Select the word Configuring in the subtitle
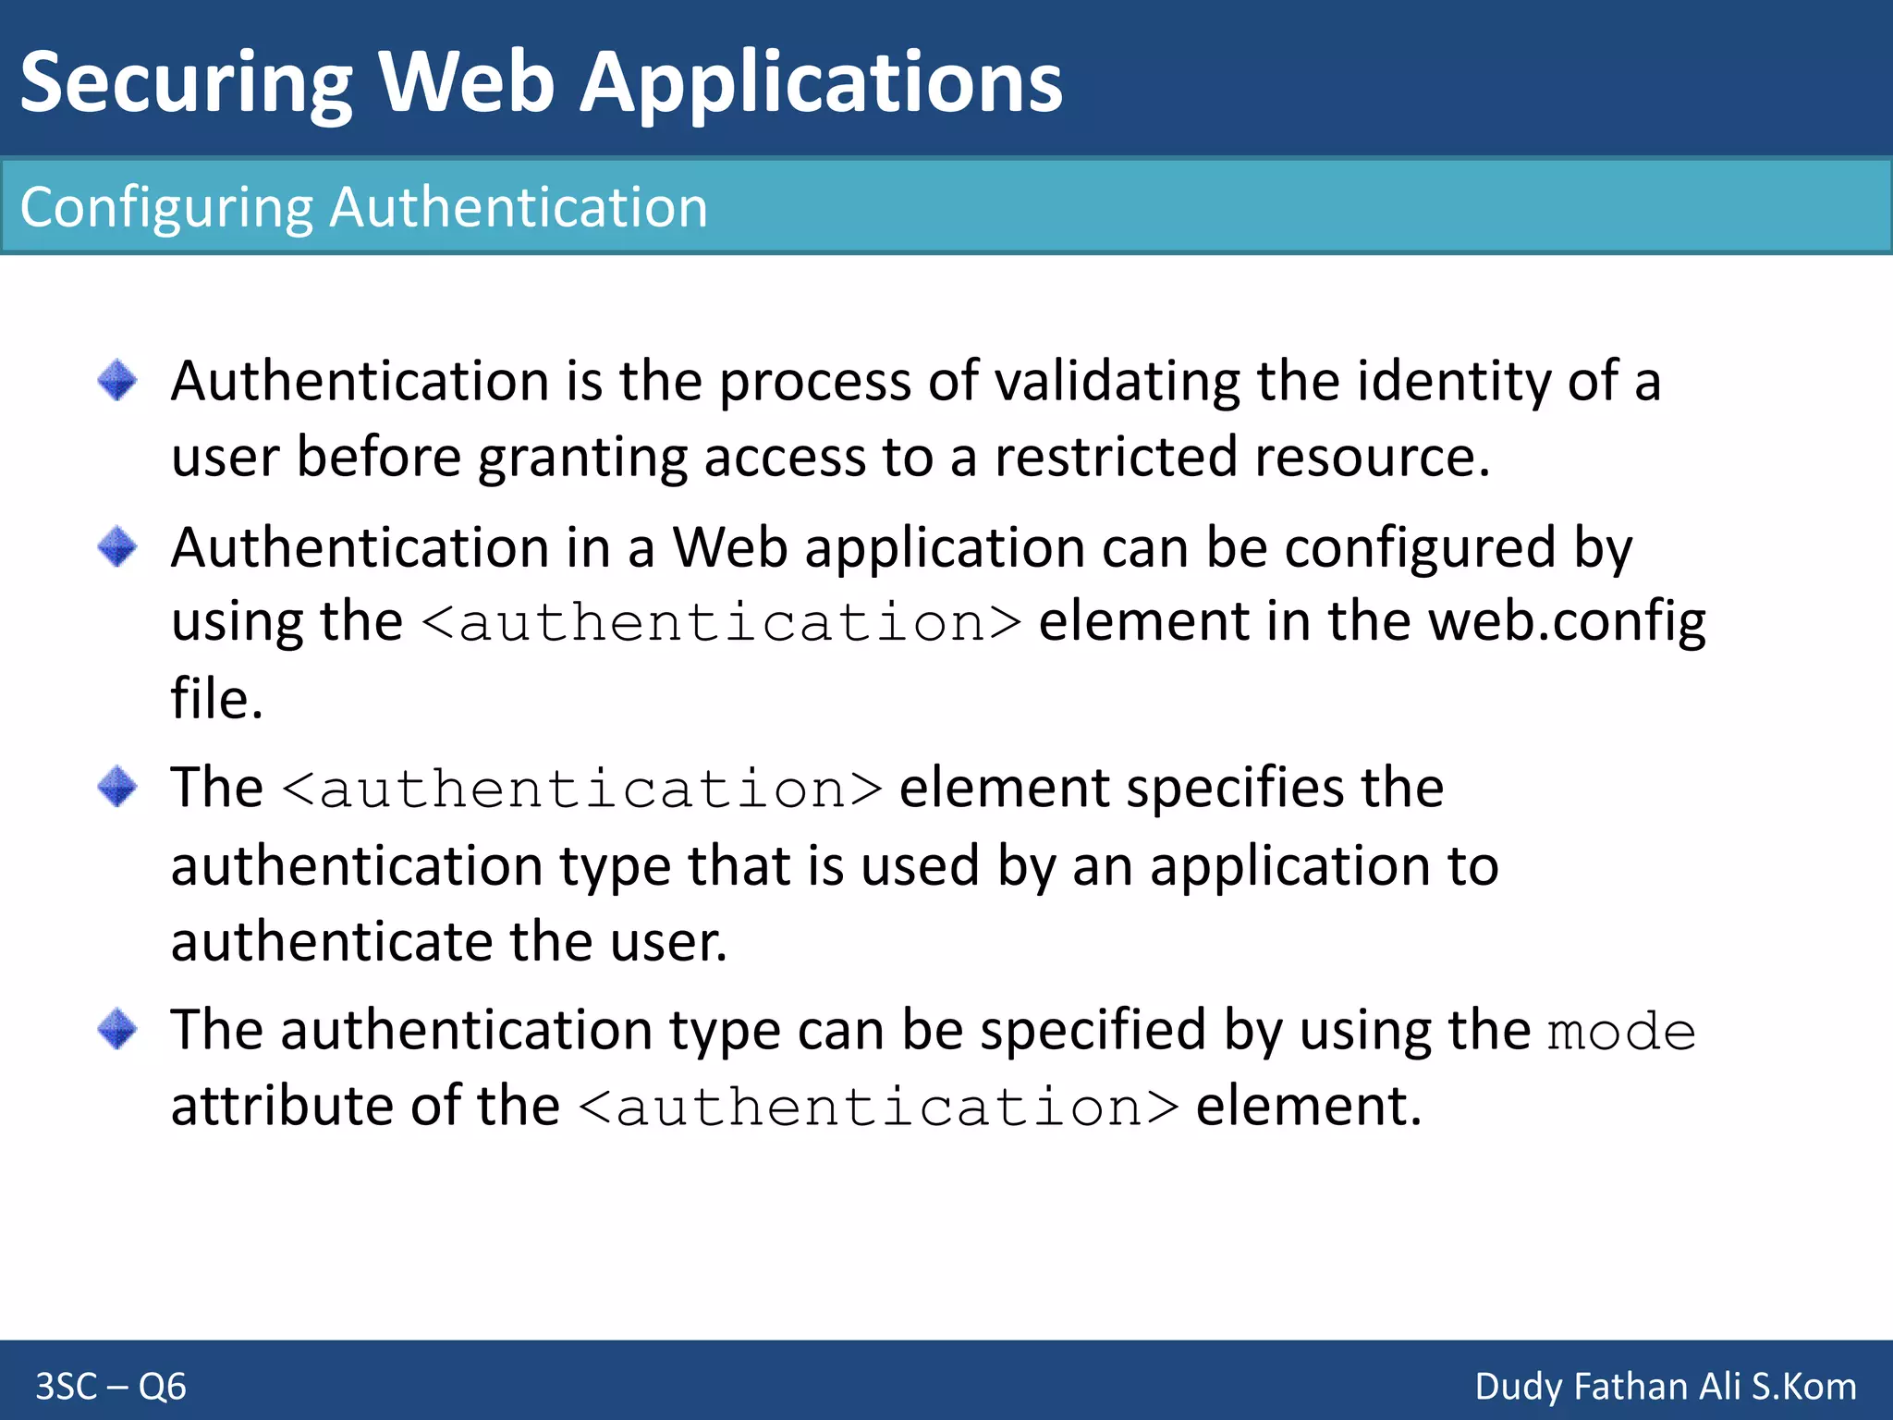tap(166, 207)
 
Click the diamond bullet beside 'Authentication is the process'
tap(117, 380)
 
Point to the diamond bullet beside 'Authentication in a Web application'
tap(117, 546)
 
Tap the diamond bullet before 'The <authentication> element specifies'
tap(117, 787)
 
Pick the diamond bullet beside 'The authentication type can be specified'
tap(117, 1028)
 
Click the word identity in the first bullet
tap(1452, 381)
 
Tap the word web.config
tap(1567, 621)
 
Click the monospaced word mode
tap(1622, 1032)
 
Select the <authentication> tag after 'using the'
tap(722, 622)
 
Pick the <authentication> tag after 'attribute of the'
tap(879, 1108)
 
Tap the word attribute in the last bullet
tap(282, 1106)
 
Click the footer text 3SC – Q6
tap(111, 1387)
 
